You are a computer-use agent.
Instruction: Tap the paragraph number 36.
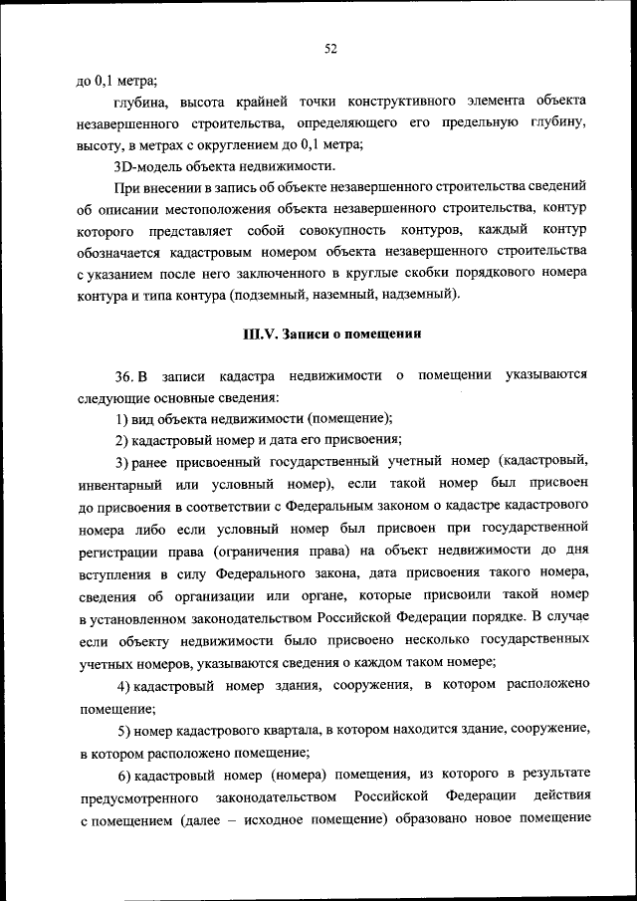pyautogui.click(x=124, y=375)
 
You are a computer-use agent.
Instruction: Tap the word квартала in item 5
pyautogui.click(x=276, y=731)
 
